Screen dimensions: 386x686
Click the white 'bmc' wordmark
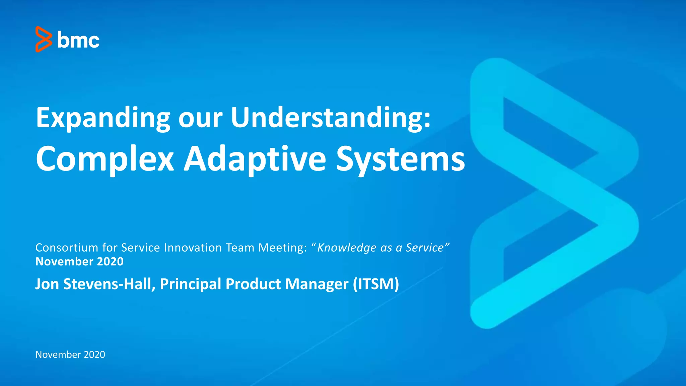point(78,40)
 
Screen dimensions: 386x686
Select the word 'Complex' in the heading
point(105,159)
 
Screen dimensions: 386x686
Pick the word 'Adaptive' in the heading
point(255,159)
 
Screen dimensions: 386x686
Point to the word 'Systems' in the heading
point(401,159)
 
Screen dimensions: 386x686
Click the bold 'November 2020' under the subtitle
point(79,261)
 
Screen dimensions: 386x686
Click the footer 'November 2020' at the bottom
point(70,355)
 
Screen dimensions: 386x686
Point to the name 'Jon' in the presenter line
point(47,284)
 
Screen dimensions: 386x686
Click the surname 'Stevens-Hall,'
point(109,284)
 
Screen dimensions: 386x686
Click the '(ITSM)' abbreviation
point(375,284)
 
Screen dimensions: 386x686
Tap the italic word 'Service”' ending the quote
point(427,248)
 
